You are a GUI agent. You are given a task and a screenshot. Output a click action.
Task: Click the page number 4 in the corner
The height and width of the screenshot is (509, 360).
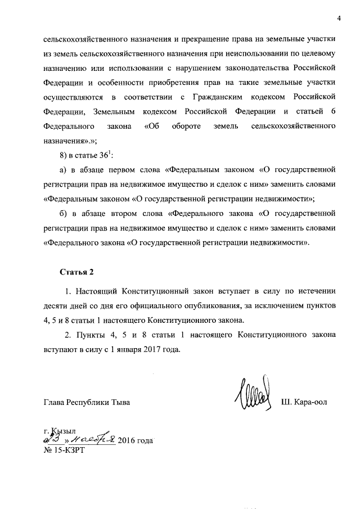(339, 18)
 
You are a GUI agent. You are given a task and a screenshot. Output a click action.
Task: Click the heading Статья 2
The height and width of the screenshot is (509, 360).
(76, 272)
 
